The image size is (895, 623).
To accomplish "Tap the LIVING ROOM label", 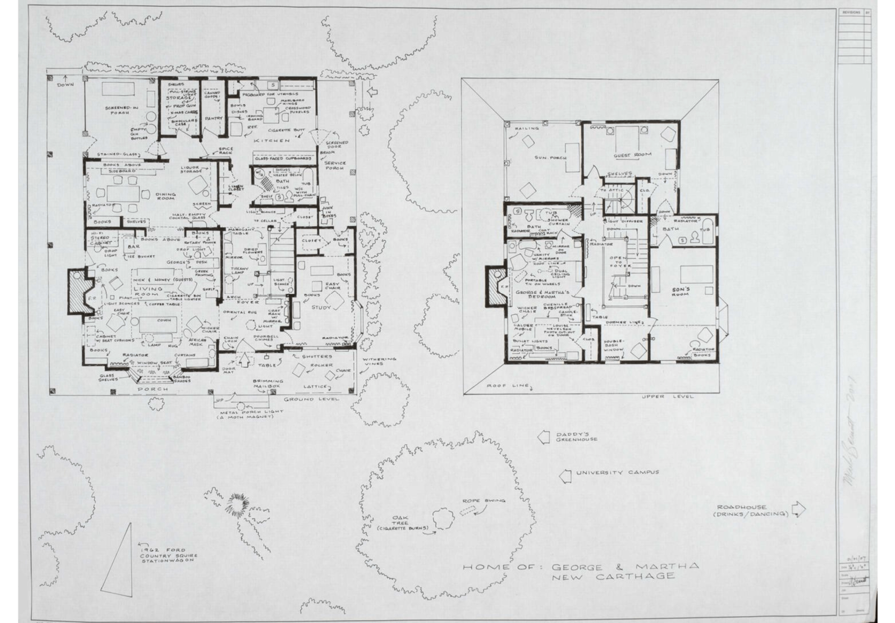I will click(148, 292).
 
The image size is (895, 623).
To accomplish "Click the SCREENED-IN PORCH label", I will click(118, 112).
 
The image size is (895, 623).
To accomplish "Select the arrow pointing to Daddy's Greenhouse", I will click(544, 437).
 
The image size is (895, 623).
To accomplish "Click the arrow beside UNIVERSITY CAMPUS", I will click(564, 475).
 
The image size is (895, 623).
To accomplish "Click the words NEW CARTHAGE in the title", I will click(614, 576).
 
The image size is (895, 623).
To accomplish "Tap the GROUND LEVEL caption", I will click(311, 400).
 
